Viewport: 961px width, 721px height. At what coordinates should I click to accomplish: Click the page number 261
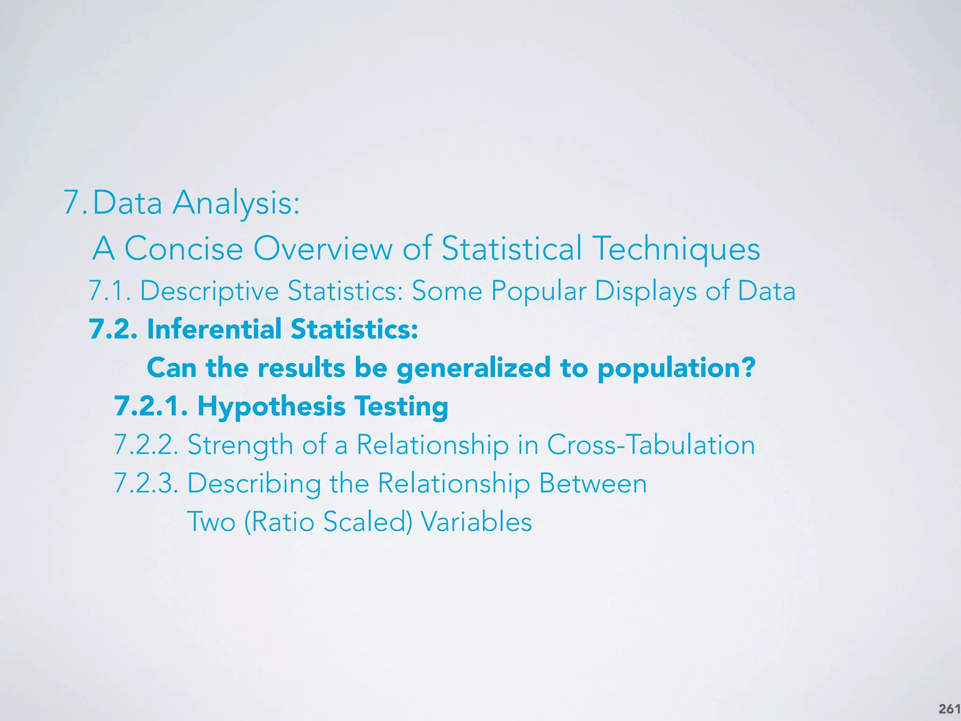pyautogui.click(x=949, y=708)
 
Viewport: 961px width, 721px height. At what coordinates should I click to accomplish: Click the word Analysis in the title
pyautogui.click(x=236, y=204)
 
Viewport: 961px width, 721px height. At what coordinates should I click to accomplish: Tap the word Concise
pyautogui.click(x=183, y=248)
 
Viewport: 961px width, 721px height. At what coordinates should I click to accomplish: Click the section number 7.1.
pyautogui.click(x=110, y=291)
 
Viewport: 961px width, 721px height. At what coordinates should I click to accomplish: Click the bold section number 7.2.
pyautogui.click(x=113, y=329)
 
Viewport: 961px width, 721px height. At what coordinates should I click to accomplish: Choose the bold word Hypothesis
pyautogui.click(x=271, y=407)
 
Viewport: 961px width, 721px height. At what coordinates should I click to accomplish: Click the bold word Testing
pyautogui.click(x=401, y=407)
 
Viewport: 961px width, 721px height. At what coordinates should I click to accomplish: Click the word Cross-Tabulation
pyautogui.click(x=651, y=445)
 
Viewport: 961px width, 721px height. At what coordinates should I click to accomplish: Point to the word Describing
pyautogui.click(x=254, y=483)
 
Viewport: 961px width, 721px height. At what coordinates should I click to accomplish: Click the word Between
pyautogui.click(x=593, y=483)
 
